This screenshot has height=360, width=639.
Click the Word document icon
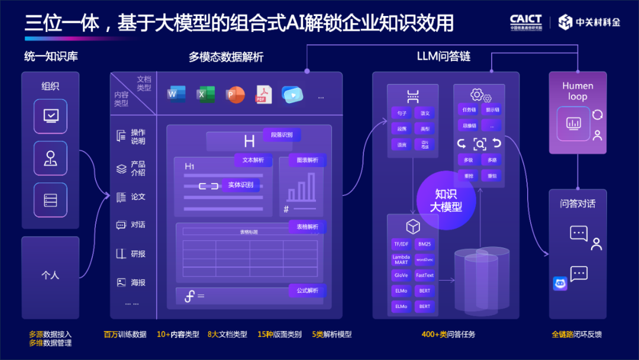[176, 94]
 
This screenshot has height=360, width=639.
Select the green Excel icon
[205, 94]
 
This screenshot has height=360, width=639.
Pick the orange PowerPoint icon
[234, 94]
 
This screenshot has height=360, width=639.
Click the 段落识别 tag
[282, 135]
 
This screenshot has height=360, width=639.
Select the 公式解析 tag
[307, 290]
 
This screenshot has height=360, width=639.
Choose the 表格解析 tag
[307, 226]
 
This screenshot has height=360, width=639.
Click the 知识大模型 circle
[446, 200]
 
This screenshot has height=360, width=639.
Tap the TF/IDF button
[401, 244]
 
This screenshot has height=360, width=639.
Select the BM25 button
[424, 244]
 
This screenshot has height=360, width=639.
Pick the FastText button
[424, 275]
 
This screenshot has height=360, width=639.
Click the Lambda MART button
[401, 259]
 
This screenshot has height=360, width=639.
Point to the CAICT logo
[525, 22]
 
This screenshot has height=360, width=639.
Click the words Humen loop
[577, 91]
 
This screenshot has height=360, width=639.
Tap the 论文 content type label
[138, 197]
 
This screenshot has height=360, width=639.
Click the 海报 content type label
[138, 282]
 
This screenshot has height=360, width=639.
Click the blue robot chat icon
[560, 284]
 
